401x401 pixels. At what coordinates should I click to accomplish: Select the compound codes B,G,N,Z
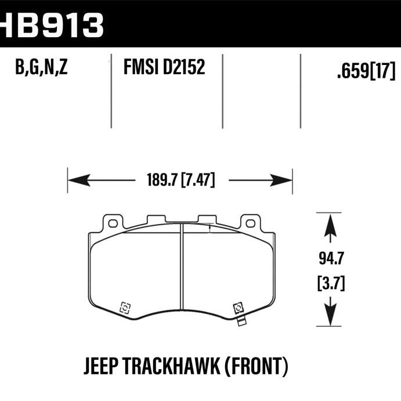pyautogui.click(x=42, y=69)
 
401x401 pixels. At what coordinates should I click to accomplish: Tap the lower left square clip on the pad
pyautogui.click(x=124, y=308)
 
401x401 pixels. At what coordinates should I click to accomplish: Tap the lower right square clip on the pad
pyautogui.click(x=237, y=308)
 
